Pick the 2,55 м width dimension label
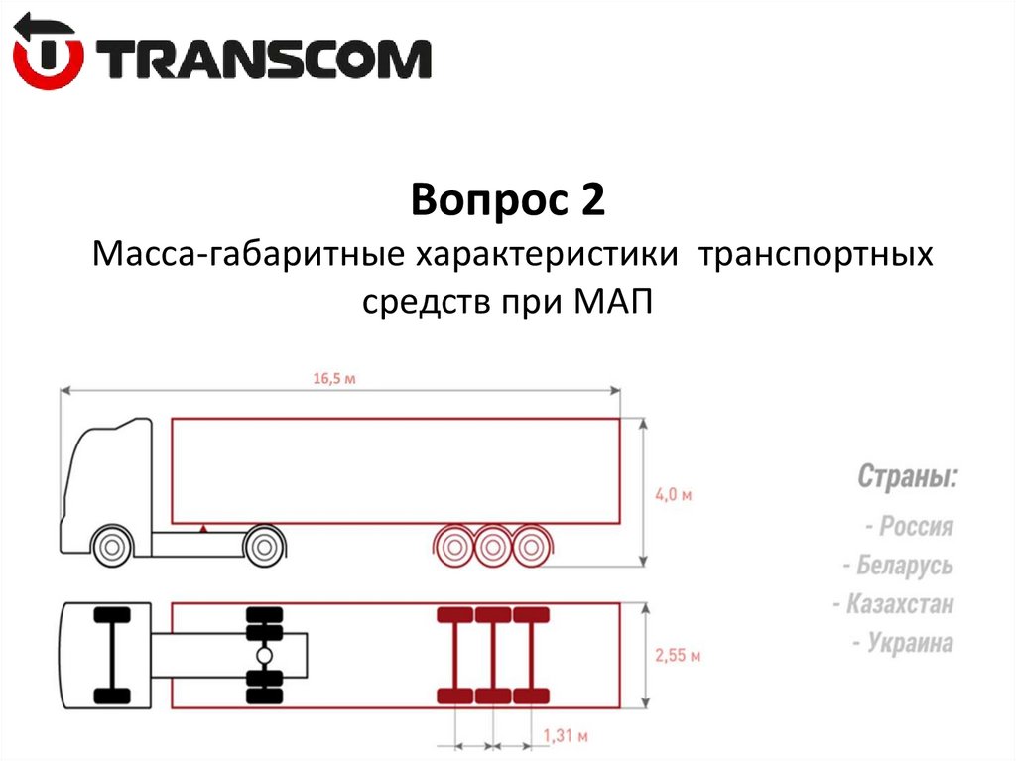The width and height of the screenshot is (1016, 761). point(679,656)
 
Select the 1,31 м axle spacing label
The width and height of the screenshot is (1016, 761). point(567,736)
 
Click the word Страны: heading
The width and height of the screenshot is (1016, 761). point(908,476)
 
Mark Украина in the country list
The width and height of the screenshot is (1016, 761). point(903,643)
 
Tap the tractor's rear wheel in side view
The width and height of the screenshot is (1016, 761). point(264,546)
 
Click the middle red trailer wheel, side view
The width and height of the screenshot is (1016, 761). point(492,545)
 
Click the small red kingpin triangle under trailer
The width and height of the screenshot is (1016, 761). point(203,529)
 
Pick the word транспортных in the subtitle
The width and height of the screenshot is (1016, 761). point(816,256)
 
